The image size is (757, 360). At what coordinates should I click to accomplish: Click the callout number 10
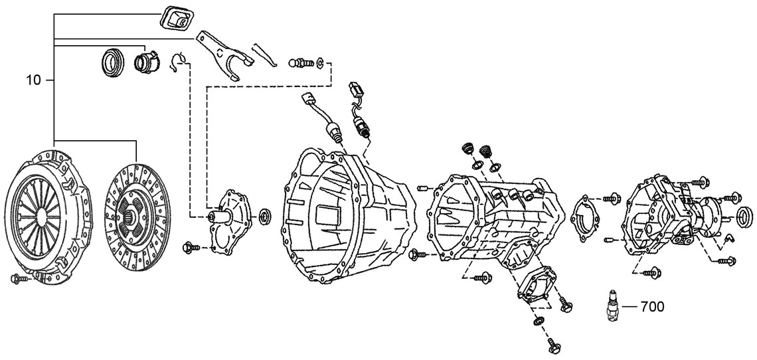(x=34, y=80)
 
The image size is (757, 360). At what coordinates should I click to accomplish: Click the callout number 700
(x=651, y=307)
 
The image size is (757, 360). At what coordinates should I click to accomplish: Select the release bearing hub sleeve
(x=145, y=61)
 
